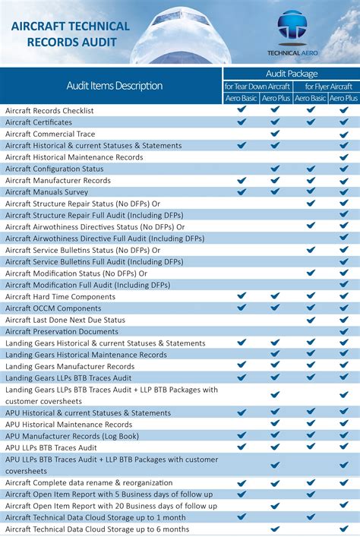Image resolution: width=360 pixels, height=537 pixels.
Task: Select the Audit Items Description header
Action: [x=114, y=86]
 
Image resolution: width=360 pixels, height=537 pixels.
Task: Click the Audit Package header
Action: [x=291, y=74]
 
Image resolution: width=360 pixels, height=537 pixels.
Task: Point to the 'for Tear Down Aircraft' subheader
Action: [x=257, y=87]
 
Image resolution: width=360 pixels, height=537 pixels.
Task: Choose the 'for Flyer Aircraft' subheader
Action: [x=326, y=87]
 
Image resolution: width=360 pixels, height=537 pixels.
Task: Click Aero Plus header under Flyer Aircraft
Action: [x=343, y=98]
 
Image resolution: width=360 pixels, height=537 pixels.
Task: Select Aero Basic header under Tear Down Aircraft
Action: [x=241, y=98]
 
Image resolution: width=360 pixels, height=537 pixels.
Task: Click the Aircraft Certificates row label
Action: [x=39, y=122]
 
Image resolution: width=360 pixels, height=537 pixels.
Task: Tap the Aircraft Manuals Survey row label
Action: [x=47, y=192]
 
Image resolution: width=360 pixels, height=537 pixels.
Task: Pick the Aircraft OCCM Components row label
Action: [x=53, y=308]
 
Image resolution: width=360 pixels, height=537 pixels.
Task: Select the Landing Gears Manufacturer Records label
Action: [x=70, y=366]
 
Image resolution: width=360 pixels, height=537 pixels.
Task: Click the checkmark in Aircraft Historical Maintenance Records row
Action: [x=344, y=157]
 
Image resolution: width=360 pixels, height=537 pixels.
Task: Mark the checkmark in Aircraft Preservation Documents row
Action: [x=344, y=331]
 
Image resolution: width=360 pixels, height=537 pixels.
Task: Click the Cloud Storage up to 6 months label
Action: [x=97, y=529]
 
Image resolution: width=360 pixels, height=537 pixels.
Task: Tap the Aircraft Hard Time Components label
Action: [x=61, y=297]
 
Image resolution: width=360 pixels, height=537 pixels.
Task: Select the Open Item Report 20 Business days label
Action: [x=111, y=506]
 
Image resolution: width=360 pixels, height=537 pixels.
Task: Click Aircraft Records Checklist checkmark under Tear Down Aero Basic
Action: [x=242, y=110]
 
